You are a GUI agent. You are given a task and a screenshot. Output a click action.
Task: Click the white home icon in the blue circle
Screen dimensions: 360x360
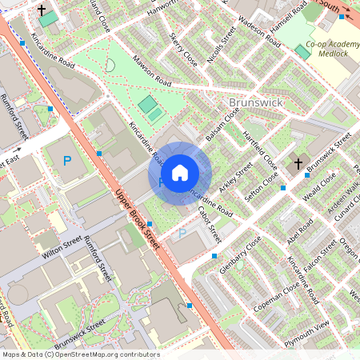(180, 172)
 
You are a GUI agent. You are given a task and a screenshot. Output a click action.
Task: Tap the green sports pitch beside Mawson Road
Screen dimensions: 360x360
(148, 105)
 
